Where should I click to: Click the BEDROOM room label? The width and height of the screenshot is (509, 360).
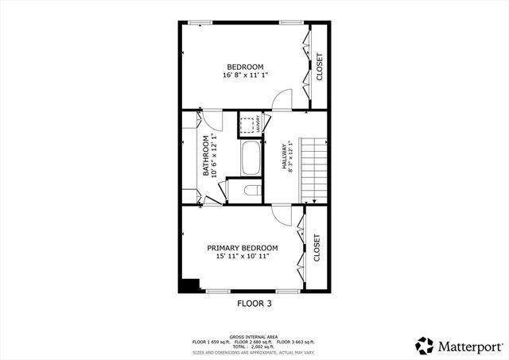coord(245,67)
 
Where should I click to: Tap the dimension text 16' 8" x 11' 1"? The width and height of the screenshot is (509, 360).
coord(245,75)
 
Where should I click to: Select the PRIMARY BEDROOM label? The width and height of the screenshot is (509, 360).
coord(242,248)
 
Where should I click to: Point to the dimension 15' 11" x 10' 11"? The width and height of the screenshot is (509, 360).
coord(242,257)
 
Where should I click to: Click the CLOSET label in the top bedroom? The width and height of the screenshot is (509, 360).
coord(320,67)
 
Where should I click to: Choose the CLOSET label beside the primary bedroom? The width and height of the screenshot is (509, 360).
coord(317,248)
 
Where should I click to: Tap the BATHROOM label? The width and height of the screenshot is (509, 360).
coord(206,156)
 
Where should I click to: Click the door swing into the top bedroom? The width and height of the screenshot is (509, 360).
coord(282,99)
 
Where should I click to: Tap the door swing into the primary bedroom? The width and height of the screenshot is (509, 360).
coord(282,214)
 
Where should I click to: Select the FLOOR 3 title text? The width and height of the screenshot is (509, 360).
coord(254,303)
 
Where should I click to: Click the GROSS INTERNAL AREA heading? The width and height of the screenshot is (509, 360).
coord(254,336)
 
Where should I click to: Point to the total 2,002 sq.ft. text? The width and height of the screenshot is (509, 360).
coord(254,347)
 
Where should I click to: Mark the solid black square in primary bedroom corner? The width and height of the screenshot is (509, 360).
coord(188,285)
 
